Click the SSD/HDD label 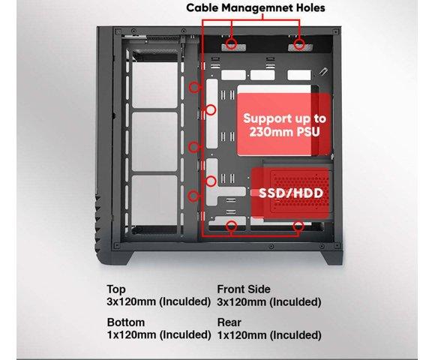coord(291,193)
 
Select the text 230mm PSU coord(284,132)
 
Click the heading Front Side coord(244,289)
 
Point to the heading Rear coord(229,322)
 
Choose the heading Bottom coord(126,322)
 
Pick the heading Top coord(116,289)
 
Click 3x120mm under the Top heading coord(132,301)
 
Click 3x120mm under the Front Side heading coord(241,301)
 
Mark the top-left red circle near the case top coord(231,43)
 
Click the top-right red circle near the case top coord(299,43)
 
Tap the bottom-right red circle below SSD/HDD coord(298,226)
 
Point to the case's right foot coord(332,258)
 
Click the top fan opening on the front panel coord(154,85)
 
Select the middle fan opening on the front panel coord(154,142)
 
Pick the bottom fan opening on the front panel coord(154,200)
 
